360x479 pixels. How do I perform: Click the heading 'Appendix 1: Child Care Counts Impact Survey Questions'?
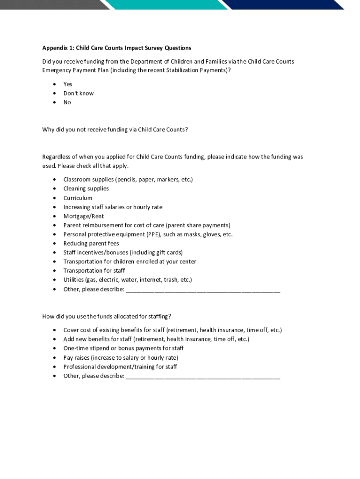point(116,48)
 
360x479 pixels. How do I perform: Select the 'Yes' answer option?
point(68,84)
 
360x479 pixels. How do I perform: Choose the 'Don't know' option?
point(79,93)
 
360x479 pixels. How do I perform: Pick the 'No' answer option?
point(67,102)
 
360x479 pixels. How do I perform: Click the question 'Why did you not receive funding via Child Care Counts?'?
point(115,130)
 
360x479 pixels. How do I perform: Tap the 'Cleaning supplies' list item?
point(86,189)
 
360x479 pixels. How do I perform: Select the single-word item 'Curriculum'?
point(78,198)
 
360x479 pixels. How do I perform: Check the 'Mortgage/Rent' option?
point(84,216)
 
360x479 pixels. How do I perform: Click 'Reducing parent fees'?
point(91,243)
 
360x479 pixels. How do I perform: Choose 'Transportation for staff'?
point(94,270)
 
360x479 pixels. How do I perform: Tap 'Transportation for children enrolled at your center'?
point(130,261)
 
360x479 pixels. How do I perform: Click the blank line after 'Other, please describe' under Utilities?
point(203,290)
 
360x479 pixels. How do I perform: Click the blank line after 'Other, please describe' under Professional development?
point(203,377)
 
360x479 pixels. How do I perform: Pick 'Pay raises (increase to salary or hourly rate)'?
point(121,358)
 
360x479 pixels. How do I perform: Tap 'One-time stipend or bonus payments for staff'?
point(123,348)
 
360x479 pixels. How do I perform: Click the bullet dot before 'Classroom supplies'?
point(54,180)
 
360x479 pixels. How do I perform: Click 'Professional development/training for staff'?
point(120,367)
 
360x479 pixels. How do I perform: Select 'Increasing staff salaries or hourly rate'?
point(113,207)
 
